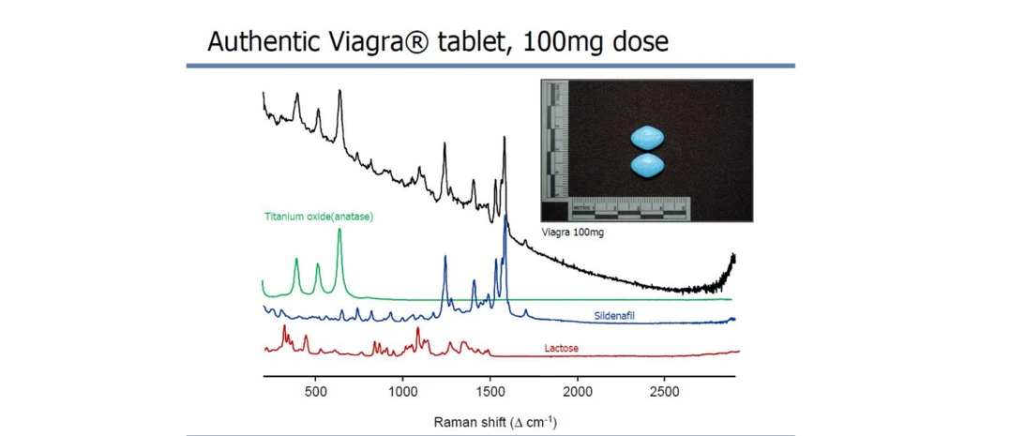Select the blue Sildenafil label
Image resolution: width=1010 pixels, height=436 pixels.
(614, 317)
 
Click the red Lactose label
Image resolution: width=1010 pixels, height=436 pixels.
(561, 349)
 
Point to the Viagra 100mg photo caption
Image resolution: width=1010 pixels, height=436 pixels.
(572, 233)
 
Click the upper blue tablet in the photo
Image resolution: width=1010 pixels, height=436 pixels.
(647, 137)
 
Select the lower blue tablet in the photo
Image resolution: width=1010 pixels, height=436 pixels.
(647, 166)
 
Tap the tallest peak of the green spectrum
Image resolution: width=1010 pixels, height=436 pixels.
(339, 231)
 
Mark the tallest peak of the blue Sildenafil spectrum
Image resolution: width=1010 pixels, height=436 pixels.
(505, 218)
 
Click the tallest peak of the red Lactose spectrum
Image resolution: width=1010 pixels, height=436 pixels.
(418, 330)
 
